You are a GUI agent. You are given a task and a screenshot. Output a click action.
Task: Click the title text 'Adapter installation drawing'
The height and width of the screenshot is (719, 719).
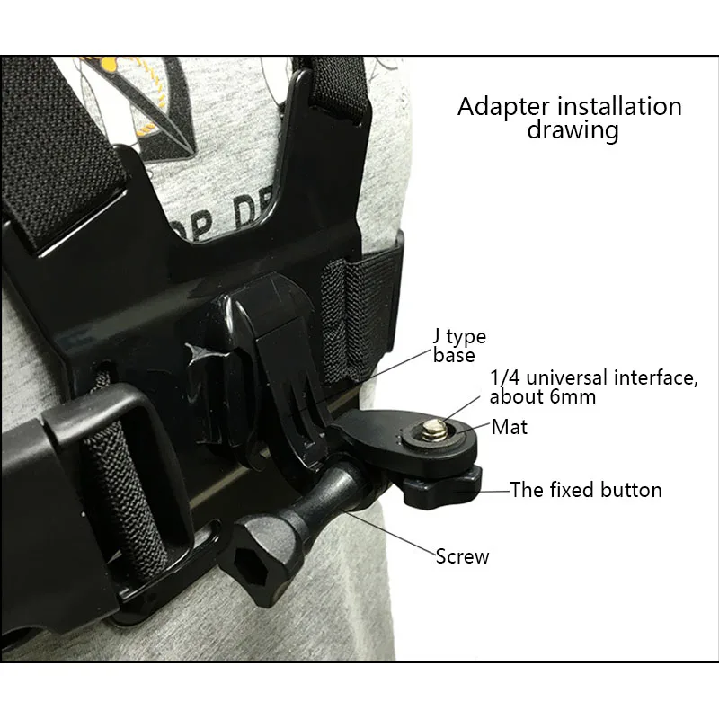[569, 118]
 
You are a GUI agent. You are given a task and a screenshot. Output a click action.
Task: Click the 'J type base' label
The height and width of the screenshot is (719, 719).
[459, 346]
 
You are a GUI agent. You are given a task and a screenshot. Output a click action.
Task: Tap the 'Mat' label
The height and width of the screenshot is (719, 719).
[510, 428]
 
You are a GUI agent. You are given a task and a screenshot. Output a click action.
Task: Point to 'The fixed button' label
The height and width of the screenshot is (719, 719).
[586, 490]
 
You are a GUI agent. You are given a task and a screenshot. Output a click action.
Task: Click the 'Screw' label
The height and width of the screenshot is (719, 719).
[462, 556]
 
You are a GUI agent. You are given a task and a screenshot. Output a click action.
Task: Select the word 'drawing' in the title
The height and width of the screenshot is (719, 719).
[573, 130]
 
